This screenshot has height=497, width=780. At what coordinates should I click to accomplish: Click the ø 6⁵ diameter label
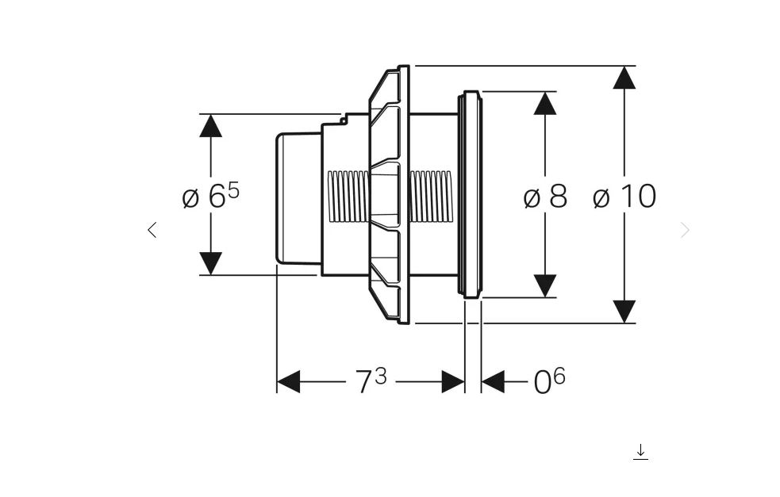click(x=210, y=196)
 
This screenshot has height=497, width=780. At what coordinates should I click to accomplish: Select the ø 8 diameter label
click(x=545, y=196)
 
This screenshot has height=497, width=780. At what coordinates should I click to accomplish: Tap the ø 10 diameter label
click(x=624, y=196)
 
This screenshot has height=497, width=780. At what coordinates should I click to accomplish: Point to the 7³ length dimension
click(x=371, y=381)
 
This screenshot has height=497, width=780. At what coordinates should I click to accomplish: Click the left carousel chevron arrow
click(x=152, y=230)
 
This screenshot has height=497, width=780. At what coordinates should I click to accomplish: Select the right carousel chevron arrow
click(x=686, y=230)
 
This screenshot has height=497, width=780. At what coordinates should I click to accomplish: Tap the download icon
click(x=641, y=452)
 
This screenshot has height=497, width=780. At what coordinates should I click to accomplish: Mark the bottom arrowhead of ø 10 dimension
click(x=624, y=311)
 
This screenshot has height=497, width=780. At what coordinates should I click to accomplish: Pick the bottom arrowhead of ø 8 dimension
click(x=545, y=285)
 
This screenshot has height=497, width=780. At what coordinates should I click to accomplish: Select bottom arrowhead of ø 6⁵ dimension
click(x=210, y=263)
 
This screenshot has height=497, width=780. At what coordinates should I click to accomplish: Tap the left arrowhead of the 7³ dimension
click(x=288, y=381)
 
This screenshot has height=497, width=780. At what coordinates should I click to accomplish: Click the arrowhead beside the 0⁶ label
click(x=493, y=381)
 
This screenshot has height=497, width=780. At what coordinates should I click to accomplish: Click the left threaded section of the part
click(x=348, y=196)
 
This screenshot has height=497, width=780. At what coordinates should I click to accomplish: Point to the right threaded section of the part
click(x=431, y=196)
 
